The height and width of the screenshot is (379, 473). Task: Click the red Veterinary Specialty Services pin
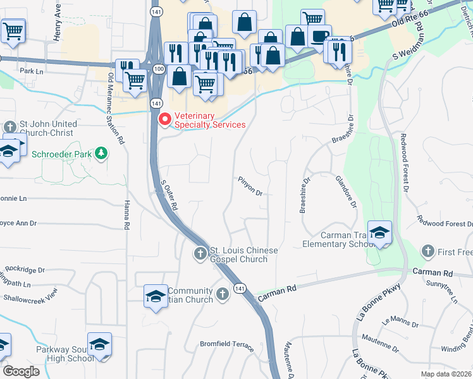pyautogui.click(x=164, y=119)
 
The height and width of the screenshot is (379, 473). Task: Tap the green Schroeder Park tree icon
pyautogui.click(x=100, y=153)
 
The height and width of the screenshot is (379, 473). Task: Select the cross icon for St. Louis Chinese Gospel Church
pyautogui.click(x=200, y=253)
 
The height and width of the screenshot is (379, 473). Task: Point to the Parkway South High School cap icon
pyautogui.click(x=99, y=344)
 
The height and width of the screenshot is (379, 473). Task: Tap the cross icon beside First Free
pyautogui.click(x=428, y=251)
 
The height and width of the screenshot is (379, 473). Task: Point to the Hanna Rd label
pyautogui.click(x=126, y=215)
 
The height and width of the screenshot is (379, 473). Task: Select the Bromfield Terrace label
pyautogui.click(x=226, y=347)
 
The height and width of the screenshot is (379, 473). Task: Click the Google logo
pyautogui.click(x=21, y=371)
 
